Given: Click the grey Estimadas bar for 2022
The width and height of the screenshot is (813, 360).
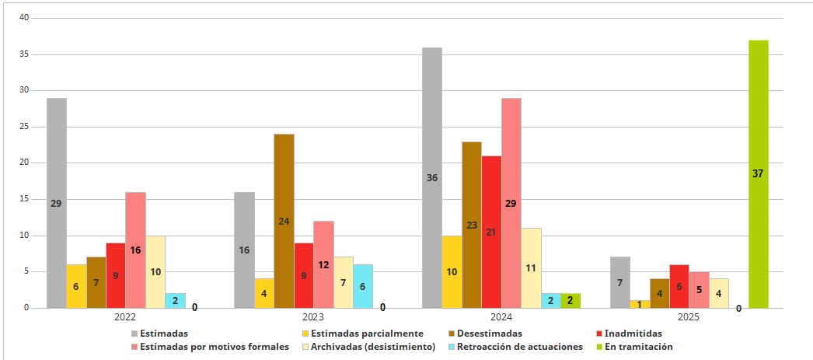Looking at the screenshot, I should [x=56, y=203].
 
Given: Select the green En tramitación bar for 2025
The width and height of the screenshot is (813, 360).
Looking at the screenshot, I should [x=758, y=174].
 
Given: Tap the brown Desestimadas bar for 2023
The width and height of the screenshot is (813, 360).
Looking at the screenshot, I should [x=284, y=221].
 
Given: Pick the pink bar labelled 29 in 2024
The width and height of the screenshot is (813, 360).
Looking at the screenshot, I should [x=511, y=203].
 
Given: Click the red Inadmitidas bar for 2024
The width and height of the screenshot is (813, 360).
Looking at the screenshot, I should [x=491, y=232].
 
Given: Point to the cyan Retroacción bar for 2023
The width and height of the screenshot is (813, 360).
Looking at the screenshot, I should [x=363, y=285].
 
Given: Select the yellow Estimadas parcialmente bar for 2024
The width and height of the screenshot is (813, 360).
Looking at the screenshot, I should [x=452, y=271].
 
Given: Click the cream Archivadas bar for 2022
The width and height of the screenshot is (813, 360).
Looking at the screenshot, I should [x=155, y=271].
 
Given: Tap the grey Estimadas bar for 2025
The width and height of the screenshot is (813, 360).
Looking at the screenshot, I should [x=620, y=282].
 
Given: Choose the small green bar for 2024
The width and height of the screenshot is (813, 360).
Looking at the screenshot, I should [x=570, y=300].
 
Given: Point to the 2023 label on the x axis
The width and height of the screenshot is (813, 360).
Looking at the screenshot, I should [x=312, y=317].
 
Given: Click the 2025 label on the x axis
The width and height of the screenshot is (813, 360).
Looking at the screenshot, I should [x=688, y=317].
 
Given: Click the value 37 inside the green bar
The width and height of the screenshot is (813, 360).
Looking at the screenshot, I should [x=758, y=173].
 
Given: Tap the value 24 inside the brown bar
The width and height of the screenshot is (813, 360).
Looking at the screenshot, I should [x=284, y=221].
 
